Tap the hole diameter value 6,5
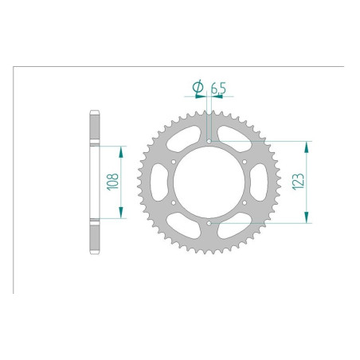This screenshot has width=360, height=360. [x=217, y=86]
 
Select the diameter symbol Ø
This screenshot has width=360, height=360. [x=196, y=86]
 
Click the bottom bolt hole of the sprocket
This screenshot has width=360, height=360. [x=209, y=224]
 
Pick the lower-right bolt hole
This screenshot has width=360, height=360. [x=244, y=203]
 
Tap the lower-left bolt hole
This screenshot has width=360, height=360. [x=174, y=203]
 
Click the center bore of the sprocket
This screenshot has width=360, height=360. [x=209, y=183]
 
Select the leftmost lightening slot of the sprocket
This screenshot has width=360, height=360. [x=158, y=183]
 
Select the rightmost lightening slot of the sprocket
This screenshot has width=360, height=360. [x=260, y=183]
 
